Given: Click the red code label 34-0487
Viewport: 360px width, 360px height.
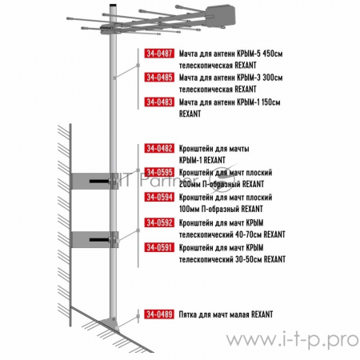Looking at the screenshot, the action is coord(159,54).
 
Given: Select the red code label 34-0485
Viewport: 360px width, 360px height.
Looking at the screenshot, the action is coord(159,78).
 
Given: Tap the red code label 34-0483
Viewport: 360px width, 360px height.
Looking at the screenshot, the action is coord(159,102).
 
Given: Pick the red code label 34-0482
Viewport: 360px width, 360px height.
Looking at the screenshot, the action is coord(159,148).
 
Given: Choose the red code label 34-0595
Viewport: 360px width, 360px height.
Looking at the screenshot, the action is coord(159,172).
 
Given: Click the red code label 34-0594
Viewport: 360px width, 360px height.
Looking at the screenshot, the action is coord(159,197).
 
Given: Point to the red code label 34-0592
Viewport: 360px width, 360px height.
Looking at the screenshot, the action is coord(159,222).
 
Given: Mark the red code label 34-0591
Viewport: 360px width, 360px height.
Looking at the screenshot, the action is coord(159,247).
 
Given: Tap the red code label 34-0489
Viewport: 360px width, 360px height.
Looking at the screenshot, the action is coord(159,314).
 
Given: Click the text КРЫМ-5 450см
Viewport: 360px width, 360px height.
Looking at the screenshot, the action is coord(259,54).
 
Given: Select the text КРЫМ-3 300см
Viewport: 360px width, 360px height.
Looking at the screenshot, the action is coord(259,78).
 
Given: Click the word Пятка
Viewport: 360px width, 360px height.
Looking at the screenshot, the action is coord(188,314).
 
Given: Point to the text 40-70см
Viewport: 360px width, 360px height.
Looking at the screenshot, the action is coord(249,234).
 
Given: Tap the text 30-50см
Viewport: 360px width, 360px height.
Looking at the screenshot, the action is coord(249,259).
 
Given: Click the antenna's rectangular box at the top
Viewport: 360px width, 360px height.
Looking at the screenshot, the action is coord(221,16).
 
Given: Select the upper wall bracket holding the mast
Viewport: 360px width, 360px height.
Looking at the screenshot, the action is coord(94,181).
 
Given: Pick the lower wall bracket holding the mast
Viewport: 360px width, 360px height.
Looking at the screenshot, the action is coord(94,240).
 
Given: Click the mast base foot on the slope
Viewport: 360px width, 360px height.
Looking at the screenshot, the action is coord(110,323).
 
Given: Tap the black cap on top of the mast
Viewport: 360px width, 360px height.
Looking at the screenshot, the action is coord(113,5).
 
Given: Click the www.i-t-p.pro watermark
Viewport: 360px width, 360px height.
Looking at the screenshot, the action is coord(293,340).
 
